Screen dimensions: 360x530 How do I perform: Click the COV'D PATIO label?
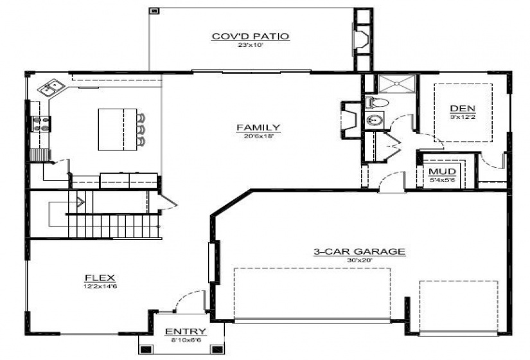tap(251, 36)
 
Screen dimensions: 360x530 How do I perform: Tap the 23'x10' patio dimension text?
tap(251, 46)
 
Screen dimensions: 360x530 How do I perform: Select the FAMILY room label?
tap(258, 127)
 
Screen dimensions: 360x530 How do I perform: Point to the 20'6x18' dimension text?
tap(258, 136)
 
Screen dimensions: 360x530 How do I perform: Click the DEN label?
tap(458, 108)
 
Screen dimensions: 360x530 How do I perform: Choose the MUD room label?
tap(443, 172)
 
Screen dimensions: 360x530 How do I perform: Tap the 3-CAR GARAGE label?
tap(359, 252)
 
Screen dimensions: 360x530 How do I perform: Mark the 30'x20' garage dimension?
tap(359, 261)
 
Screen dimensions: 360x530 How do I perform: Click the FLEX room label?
tap(99, 278)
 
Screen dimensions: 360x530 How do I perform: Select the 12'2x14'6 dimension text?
tap(99, 287)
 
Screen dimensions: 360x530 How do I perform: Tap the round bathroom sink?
tap(373, 120)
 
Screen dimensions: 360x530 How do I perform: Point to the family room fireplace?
tap(349, 119)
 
